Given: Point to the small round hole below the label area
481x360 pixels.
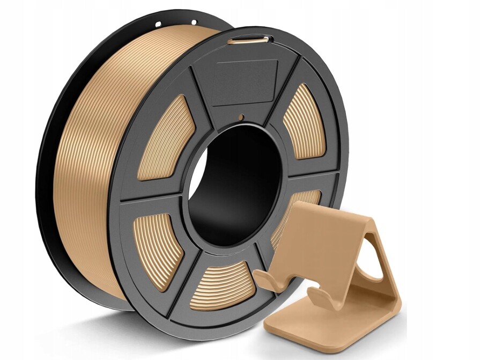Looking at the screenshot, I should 241,116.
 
